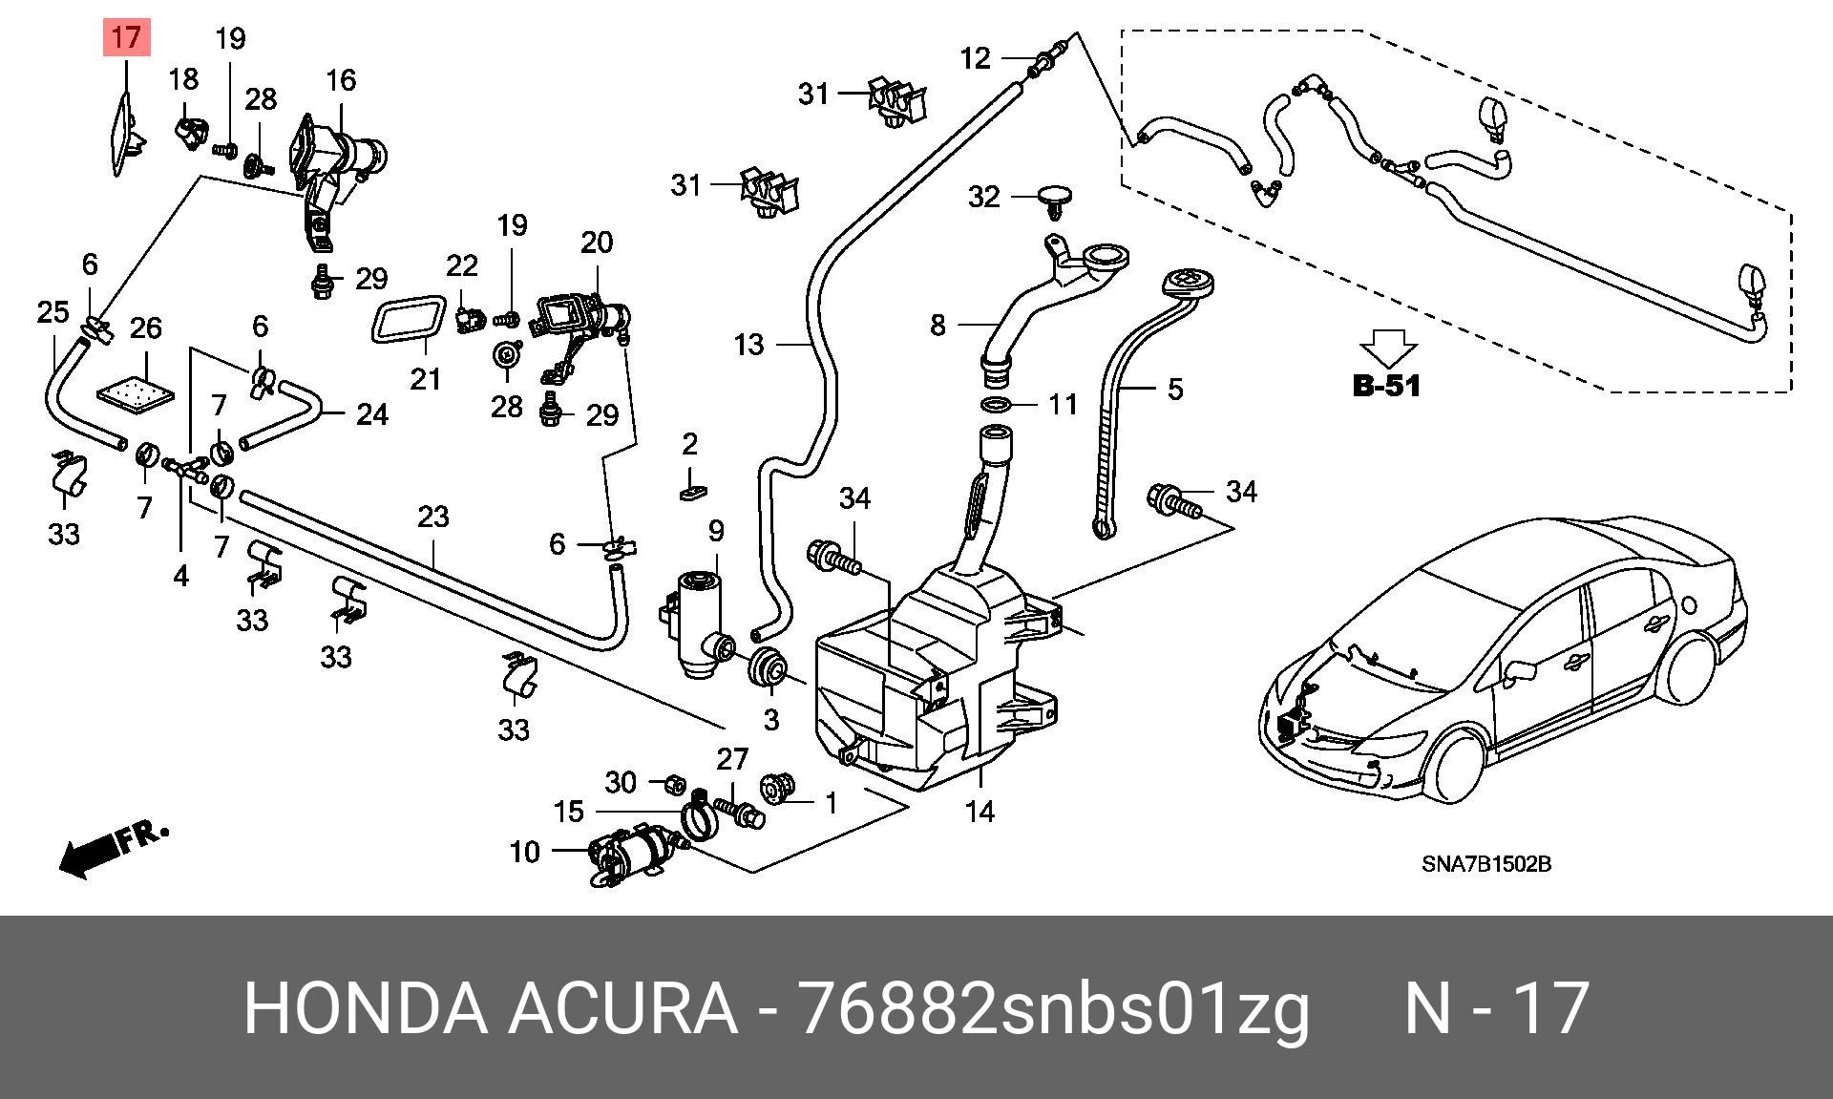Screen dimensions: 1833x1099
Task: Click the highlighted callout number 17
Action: pyautogui.click(x=126, y=38)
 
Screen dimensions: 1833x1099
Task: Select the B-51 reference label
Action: pyautogui.click(x=1386, y=386)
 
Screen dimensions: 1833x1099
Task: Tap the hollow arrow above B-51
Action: pyautogui.click(x=1387, y=349)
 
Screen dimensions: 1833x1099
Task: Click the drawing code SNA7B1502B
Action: pyautogui.click(x=1485, y=864)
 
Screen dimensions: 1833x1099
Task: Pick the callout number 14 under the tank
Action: pyautogui.click(x=980, y=812)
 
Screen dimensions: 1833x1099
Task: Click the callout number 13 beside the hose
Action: pyautogui.click(x=749, y=344)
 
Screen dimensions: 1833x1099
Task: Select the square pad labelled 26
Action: pyautogui.click(x=137, y=392)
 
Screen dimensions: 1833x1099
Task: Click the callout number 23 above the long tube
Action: pyautogui.click(x=433, y=517)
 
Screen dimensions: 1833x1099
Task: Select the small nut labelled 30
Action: pyautogui.click(x=671, y=782)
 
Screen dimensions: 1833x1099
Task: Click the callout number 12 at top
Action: pyautogui.click(x=976, y=58)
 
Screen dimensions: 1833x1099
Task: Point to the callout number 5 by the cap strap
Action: pyautogui.click(x=1175, y=389)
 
